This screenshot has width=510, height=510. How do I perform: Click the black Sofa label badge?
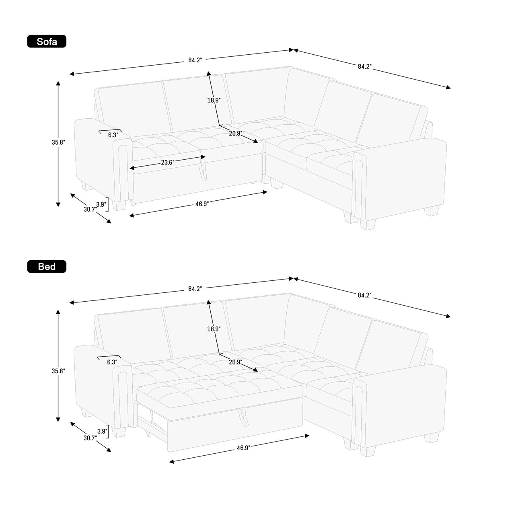point(47,41)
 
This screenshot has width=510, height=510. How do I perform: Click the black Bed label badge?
point(47,266)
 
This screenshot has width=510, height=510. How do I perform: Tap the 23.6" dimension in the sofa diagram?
point(168,162)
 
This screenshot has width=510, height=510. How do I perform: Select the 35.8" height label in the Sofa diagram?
point(58,142)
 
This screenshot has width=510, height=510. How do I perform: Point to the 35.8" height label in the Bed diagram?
point(58,371)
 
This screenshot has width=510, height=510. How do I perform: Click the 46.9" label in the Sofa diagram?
point(202,204)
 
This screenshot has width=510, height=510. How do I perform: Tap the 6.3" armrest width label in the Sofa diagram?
point(113,135)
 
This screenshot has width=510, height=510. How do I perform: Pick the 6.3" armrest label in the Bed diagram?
point(112,362)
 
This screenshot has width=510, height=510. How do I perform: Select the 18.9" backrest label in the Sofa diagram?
point(214,100)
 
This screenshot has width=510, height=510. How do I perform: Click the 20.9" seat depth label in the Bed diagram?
point(235,362)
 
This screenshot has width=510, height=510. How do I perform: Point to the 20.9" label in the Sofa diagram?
point(235,134)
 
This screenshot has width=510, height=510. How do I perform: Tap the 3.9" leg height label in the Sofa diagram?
point(101,204)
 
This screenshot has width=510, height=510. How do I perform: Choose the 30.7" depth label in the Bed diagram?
point(90,438)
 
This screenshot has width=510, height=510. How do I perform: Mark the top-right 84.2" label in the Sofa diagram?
point(365,66)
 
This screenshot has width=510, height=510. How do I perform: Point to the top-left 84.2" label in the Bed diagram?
point(195,289)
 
